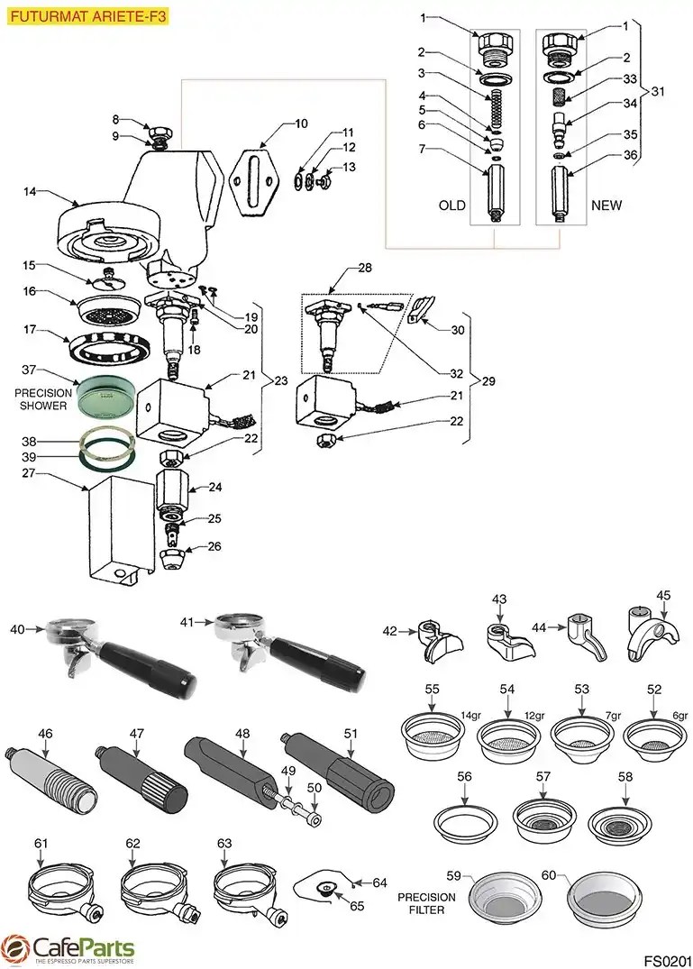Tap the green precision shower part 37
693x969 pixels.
click(x=105, y=395)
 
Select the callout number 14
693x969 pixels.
click(x=31, y=191)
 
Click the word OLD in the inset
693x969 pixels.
click(x=451, y=206)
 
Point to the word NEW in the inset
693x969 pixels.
click(x=606, y=206)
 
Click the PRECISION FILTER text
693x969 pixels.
click(x=427, y=904)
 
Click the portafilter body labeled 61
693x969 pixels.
click(x=63, y=892)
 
